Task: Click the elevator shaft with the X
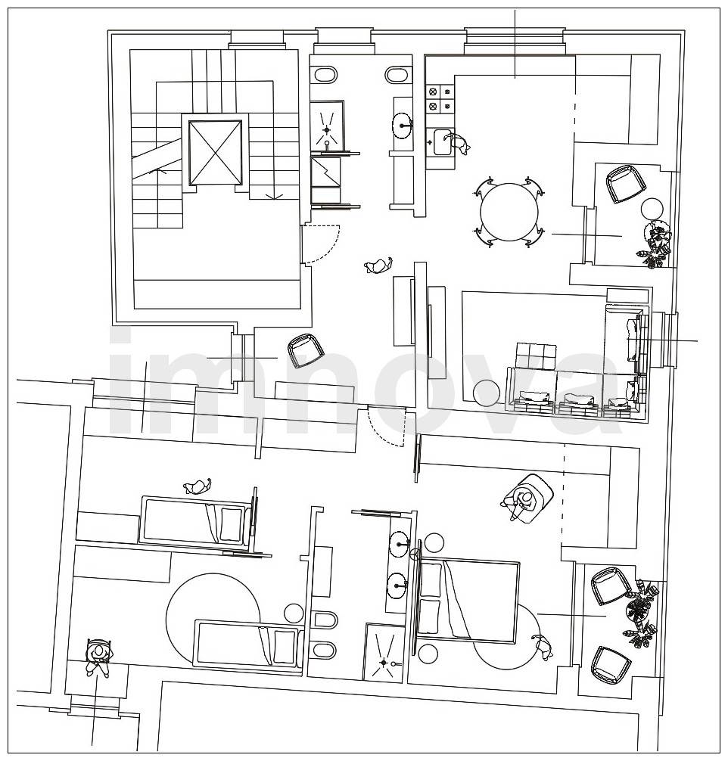click(x=215, y=152)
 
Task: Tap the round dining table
click(x=509, y=212)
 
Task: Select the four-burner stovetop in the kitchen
click(x=440, y=98)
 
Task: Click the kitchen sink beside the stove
click(x=443, y=142)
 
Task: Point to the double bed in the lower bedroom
click(x=468, y=602)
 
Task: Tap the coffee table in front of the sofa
click(x=536, y=356)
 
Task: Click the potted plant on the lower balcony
click(x=641, y=613)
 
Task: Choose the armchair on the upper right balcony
click(x=626, y=184)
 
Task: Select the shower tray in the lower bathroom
click(x=384, y=651)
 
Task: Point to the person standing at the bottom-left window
click(x=99, y=657)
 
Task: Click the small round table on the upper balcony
click(x=652, y=209)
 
